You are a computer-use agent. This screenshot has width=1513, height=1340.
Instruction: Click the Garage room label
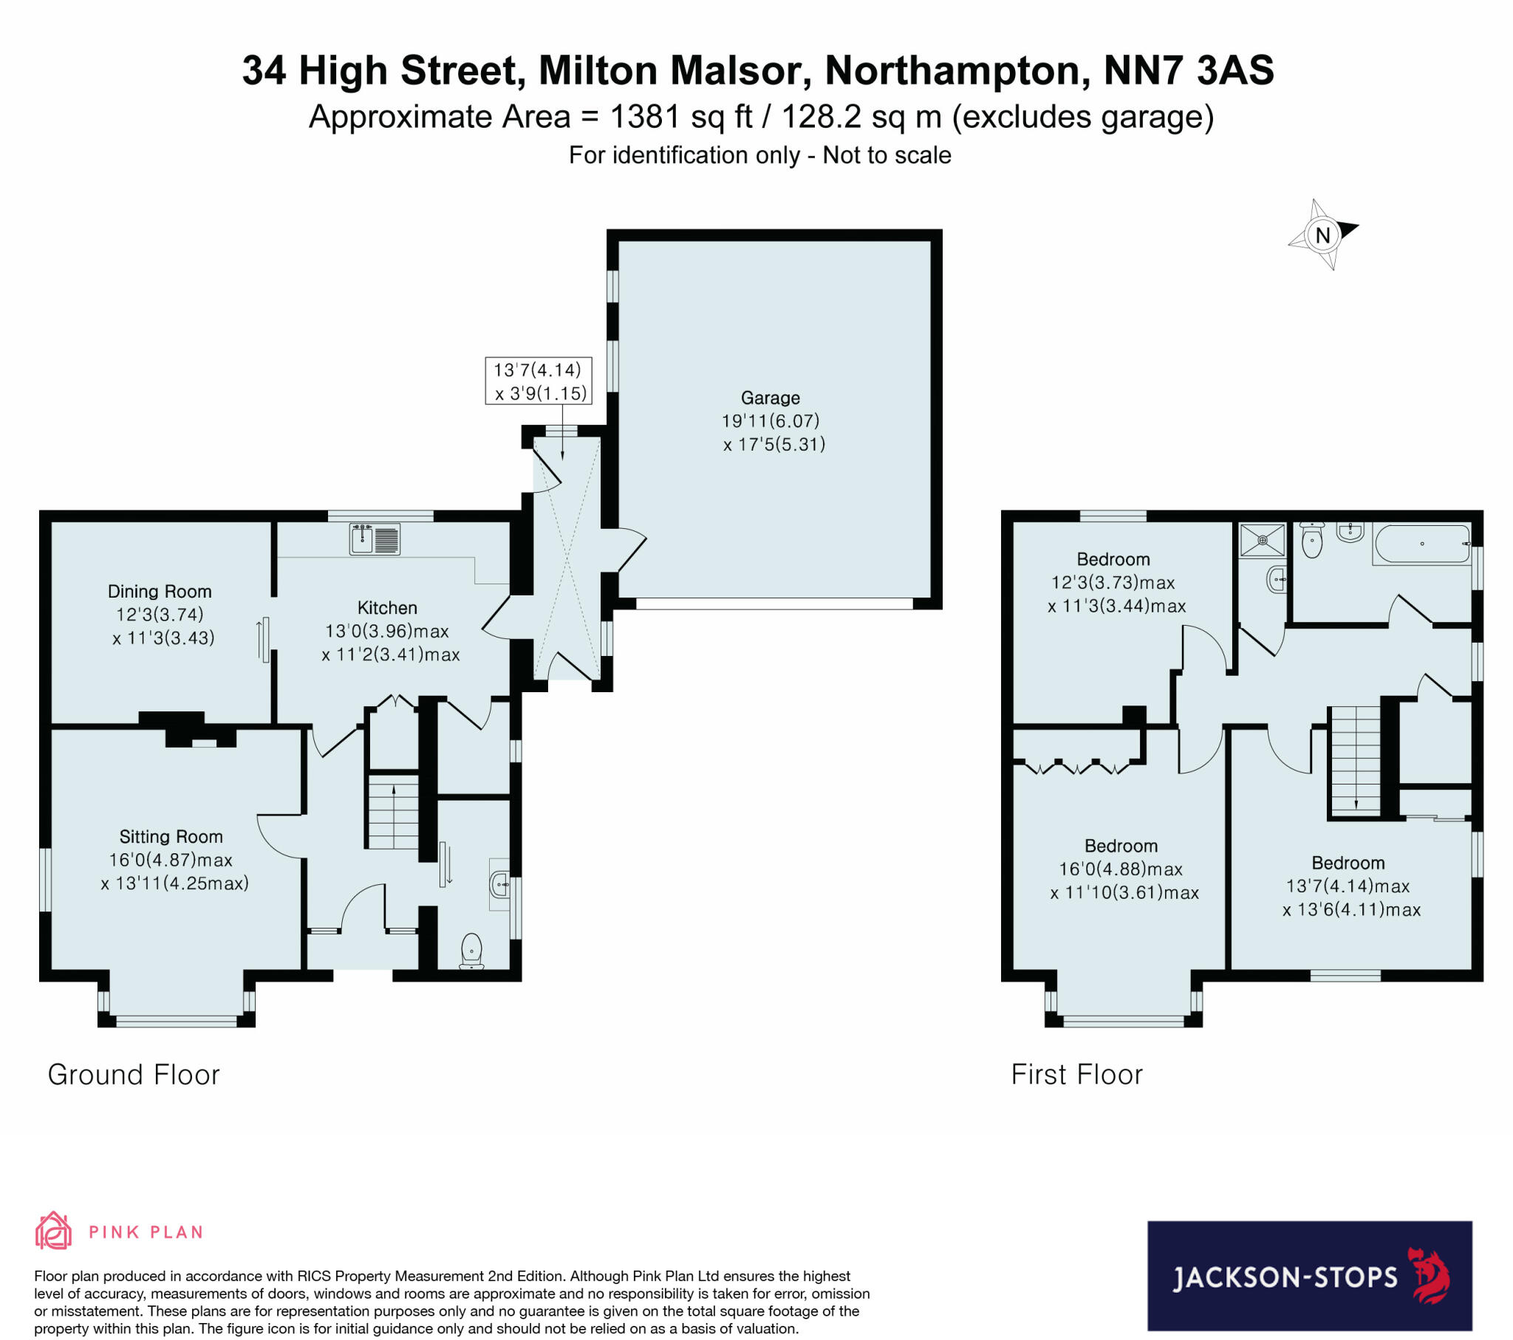tap(770, 398)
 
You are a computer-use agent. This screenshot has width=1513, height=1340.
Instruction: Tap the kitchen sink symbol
tap(375, 539)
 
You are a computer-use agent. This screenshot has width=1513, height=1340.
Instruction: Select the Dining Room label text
tap(159, 592)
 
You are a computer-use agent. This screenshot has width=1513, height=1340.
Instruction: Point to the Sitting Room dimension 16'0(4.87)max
tap(170, 860)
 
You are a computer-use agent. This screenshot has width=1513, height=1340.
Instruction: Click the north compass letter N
tap(1322, 236)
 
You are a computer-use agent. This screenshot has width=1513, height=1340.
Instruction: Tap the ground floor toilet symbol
tap(471, 951)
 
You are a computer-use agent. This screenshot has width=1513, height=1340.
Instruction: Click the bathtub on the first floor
tap(1421, 544)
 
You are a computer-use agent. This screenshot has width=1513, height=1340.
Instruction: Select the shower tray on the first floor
tap(1263, 541)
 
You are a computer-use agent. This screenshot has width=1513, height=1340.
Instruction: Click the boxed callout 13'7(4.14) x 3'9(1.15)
tap(538, 380)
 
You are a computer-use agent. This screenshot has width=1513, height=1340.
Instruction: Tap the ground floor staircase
tap(394, 811)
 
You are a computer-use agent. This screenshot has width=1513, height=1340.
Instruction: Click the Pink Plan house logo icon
tap(53, 1231)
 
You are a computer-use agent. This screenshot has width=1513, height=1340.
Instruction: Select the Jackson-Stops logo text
tap(1285, 1277)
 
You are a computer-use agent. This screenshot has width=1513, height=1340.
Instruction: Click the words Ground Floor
tap(133, 1075)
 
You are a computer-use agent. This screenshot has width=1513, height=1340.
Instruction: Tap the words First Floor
tap(1076, 1075)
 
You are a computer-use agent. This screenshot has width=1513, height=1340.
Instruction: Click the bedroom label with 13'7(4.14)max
tap(1348, 864)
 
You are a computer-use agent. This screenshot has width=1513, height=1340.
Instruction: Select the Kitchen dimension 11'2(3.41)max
tap(391, 654)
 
